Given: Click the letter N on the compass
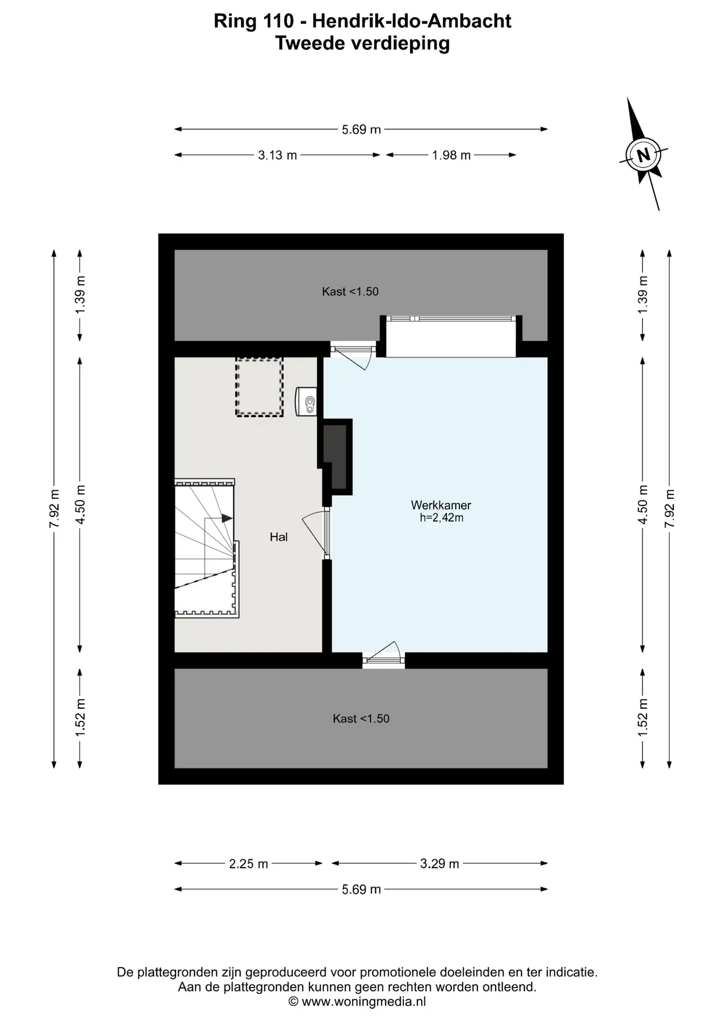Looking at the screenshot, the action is [x=643, y=155].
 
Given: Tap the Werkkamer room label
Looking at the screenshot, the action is [x=441, y=505].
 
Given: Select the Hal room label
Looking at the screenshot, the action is [x=278, y=537].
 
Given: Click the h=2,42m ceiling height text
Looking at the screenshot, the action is [x=441, y=517].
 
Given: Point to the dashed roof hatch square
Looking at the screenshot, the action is [x=259, y=387].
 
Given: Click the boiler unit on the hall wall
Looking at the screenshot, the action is [x=306, y=401].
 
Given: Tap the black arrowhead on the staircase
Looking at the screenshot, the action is [x=227, y=518].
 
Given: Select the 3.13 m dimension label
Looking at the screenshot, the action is [x=277, y=155].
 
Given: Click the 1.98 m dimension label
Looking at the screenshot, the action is [x=451, y=155].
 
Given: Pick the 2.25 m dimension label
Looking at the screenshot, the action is [x=248, y=863].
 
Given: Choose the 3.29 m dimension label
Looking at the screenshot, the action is [x=439, y=863].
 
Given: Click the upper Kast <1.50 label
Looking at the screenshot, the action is [x=350, y=291].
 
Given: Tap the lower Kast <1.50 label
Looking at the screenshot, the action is [x=361, y=719].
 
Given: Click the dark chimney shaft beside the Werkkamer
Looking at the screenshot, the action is [x=335, y=456].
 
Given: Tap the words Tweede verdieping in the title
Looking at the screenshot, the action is [x=362, y=43].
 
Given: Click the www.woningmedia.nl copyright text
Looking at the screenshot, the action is [x=357, y=1002].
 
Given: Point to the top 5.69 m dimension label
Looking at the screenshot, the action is [x=361, y=129].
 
